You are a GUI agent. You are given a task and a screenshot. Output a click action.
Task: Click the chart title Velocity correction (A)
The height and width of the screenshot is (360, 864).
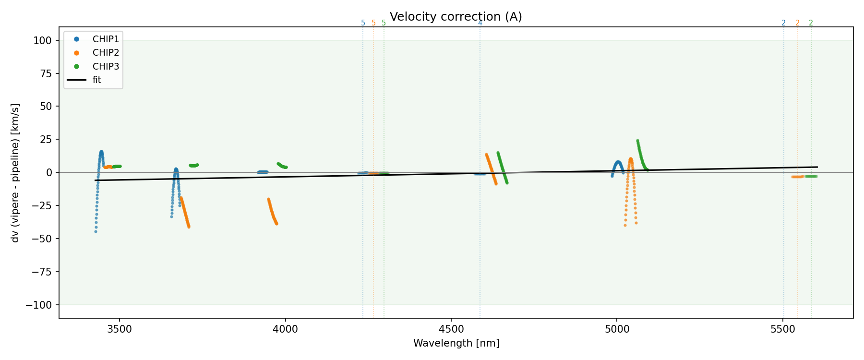(x=456, y=17)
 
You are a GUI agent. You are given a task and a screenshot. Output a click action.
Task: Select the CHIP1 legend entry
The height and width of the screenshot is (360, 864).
(x=106, y=39)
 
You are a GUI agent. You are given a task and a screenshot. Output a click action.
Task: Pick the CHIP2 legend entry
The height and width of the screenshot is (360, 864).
(x=106, y=53)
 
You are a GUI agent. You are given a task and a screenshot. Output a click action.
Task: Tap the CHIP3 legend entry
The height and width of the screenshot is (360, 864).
(x=106, y=66)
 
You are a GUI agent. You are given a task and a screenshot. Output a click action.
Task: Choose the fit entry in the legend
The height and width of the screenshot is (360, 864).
(x=97, y=80)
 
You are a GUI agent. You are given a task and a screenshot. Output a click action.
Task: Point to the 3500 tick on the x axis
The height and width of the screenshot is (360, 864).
(x=120, y=329)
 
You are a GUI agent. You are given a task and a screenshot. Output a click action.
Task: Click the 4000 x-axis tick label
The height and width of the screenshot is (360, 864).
(x=286, y=329)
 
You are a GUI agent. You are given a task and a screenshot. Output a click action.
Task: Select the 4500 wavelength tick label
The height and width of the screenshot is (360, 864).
(x=451, y=329)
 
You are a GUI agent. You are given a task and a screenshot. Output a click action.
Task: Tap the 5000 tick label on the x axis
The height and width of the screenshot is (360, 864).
(x=617, y=329)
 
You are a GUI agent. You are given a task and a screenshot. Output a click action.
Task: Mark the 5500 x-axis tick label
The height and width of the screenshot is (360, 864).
(x=783, y=329)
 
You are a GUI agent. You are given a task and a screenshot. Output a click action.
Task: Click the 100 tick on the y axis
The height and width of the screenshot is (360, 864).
(x=43, y=41)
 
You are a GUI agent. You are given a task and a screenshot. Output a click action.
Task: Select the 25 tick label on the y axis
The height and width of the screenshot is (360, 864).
(x=45, y=140)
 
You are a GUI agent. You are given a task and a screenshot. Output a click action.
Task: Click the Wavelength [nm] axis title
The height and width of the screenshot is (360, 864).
(x=456, y=343)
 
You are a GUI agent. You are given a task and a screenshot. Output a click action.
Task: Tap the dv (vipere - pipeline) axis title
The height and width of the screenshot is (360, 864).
(x=15, y=173)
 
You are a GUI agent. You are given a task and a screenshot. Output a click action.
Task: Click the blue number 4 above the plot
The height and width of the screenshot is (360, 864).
(x=480, y=23)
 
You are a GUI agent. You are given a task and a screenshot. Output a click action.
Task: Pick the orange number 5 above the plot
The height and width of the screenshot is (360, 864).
(x=373, y=23)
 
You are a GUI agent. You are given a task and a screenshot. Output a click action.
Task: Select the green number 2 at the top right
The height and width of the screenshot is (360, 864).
(x=811, y=23)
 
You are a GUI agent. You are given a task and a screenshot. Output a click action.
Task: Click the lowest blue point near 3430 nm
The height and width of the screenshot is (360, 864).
(x=96, y=232)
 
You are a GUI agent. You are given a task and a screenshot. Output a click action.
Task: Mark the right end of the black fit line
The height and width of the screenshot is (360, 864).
(x=817, y=167)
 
